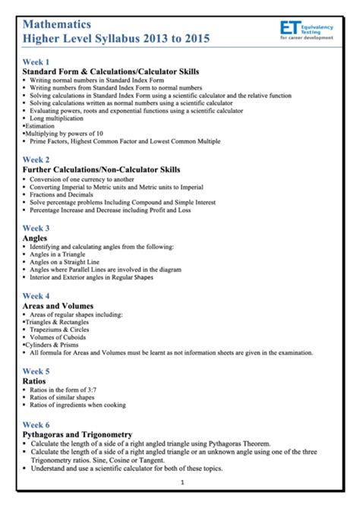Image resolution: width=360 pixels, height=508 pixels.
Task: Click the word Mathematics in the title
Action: [57, 25]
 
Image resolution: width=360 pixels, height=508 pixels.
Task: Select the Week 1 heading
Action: [36, 62]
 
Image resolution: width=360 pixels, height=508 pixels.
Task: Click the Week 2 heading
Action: [36, 159]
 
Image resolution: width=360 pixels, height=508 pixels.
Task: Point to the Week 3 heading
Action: [36, 228]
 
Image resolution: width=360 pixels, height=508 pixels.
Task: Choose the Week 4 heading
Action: [36, 296]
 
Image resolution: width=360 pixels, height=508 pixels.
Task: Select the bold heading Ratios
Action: [35, 381]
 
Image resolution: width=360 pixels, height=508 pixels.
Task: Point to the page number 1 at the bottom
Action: [182, 483]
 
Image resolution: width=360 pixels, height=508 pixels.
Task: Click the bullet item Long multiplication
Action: [57, 118]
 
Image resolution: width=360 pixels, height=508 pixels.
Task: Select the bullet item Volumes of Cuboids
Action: [61, 337]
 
